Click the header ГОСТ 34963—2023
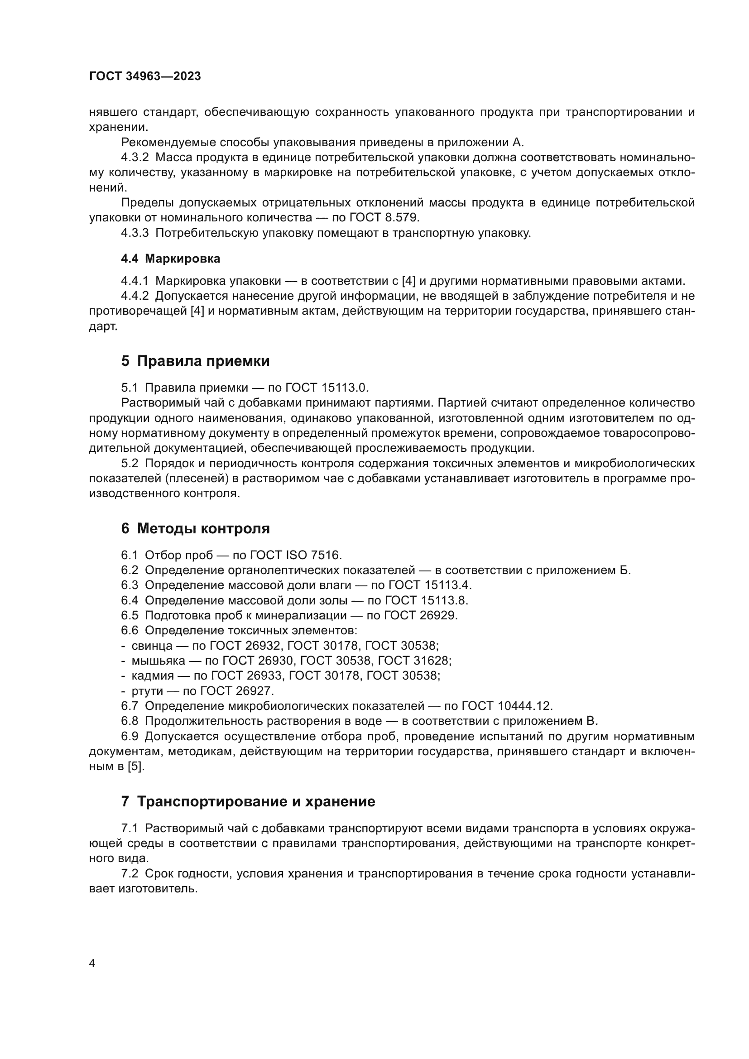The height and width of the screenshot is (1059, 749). tap(145, 77)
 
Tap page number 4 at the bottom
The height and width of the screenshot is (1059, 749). tap(92, 963)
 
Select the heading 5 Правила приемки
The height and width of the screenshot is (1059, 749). tap(195, 361)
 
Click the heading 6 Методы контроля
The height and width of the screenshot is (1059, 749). tap(195, 528)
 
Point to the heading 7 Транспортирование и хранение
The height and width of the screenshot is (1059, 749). tap(248, 802)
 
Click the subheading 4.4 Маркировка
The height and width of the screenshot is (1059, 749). tap(170, 259)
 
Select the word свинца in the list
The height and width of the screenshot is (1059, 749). tap(152, 645)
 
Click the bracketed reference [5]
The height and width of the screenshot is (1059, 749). tap(136, 766)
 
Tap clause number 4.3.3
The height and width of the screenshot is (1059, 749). tap(134, 233)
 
